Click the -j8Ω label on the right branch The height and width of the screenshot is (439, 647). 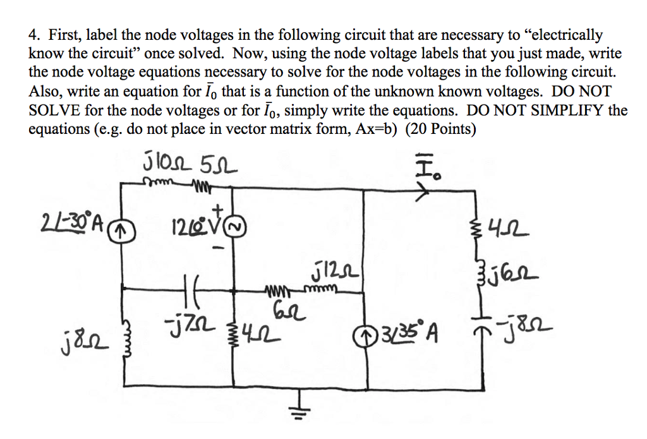click(x=530, y=329)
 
